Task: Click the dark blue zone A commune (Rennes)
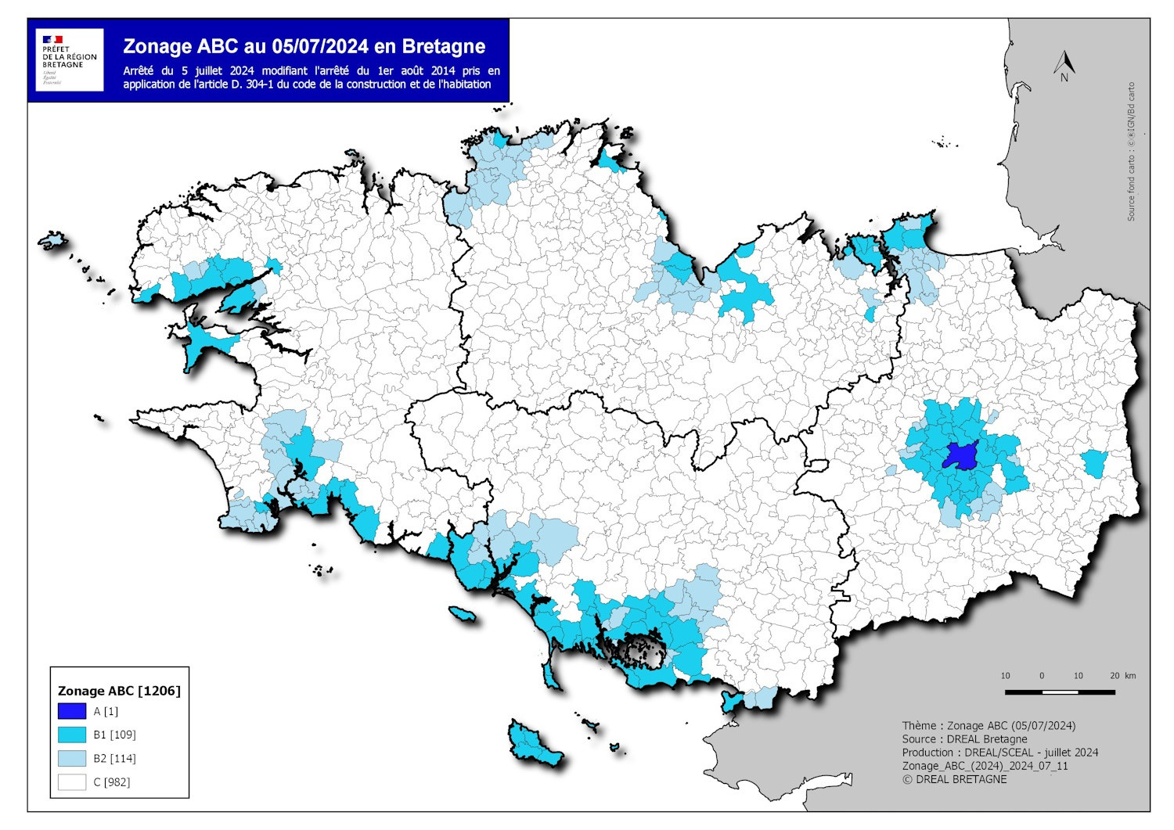[960, 456]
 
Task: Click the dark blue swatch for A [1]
[72, 711]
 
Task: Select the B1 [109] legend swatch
[72, 735]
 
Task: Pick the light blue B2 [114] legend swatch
[72, 758]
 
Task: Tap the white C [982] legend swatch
[72, 781]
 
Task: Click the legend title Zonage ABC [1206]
[119, 691]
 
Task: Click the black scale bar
[1061, 692]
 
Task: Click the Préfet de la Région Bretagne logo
[70, 60]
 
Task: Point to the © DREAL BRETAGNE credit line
[954, 779]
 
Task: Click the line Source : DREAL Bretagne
[964, 738]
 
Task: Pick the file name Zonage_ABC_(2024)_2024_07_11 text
[985, 766]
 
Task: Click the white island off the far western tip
[53, 238]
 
